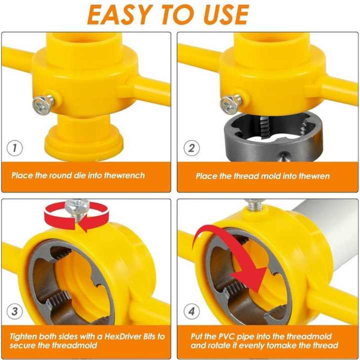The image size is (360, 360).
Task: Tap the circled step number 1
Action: [x=15, y=148]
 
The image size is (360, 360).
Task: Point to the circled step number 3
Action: [x=15, y=312]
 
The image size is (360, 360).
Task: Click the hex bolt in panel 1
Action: [x=42, y=103]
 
